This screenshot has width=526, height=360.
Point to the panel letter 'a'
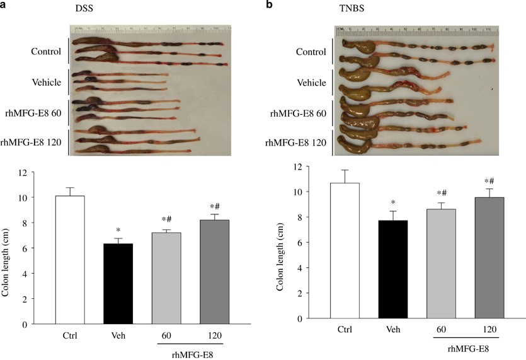4,5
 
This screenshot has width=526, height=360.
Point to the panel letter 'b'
271,5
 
